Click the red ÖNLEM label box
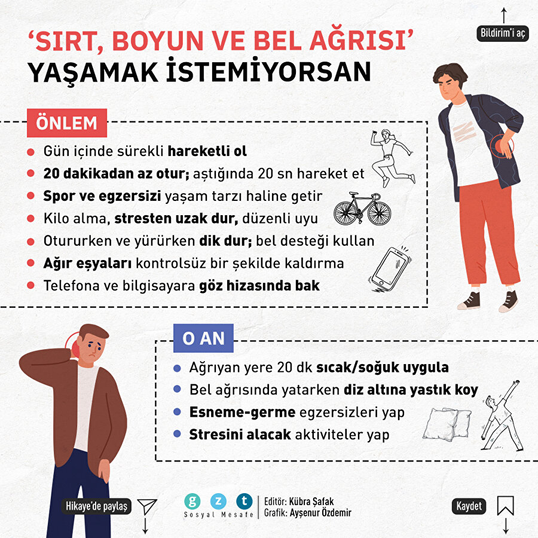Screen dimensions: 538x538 pyautogui.click(x=66, y=123)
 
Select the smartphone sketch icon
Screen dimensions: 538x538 pyautogui.click(x=390, y=270)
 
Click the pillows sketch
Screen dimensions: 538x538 pyautogui.click(x=448, y=423)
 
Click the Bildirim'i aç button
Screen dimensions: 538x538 pyautogui.click(x=503, y=33)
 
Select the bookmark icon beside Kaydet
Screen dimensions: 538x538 pyautogui.click(x=505, y=506)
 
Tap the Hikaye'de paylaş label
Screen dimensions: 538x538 pyautogui.click(x=97, y=506)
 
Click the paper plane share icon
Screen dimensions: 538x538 pyautogui.click(x=146, y=506)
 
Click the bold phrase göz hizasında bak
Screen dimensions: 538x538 pyautogui.click(x=259, y=286)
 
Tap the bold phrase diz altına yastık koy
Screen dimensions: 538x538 pyautogui.click(x=411, y=390)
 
